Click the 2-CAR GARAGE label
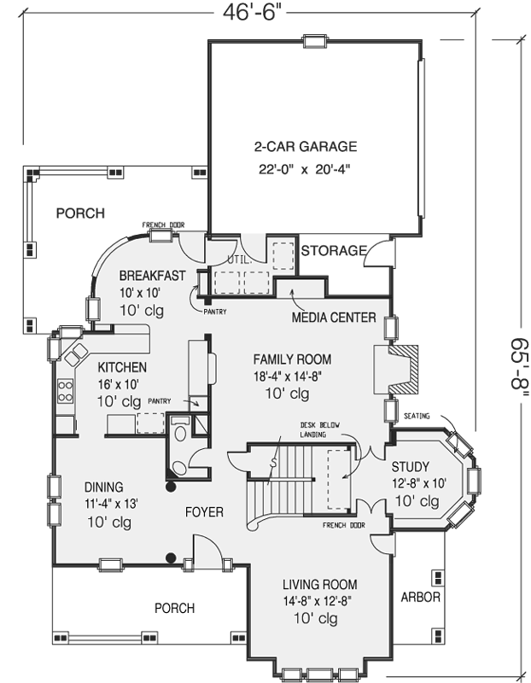coord(305,146)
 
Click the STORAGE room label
coord(334,251)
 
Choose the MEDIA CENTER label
coord(334,318)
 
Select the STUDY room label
coord(411,467)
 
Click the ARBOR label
coord(420,598)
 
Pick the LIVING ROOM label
coord(319,585)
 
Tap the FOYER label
coord(204,512)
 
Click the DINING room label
coord(103,487)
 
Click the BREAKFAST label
coord(153,275)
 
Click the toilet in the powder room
coord(180,434)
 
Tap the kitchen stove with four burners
coord(65,392)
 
